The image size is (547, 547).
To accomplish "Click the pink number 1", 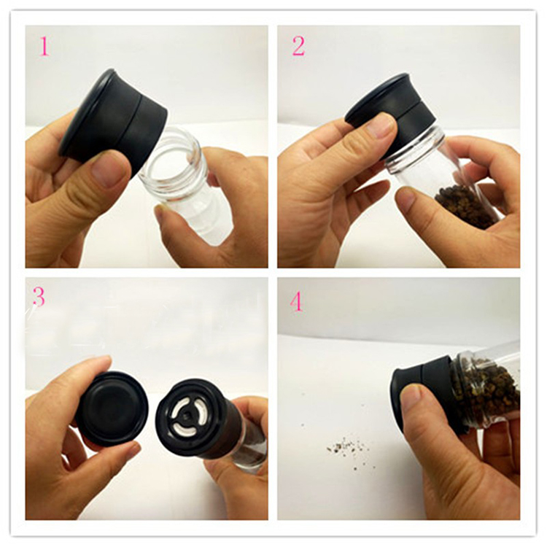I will pos(44,46).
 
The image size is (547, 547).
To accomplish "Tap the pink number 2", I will pos(298,46).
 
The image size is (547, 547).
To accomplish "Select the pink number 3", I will pos(39,296).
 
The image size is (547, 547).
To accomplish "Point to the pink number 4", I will pos(296,300).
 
